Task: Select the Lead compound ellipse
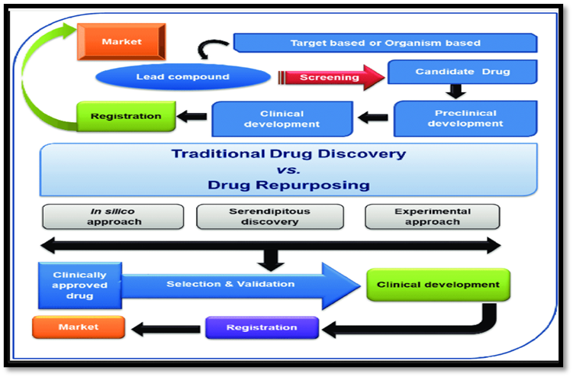pos(184,77)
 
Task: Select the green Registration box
pos(126,117)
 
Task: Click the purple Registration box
pos(262,327)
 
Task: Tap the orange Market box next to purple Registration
pos(77,327)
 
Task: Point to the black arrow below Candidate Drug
pos(456,92)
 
